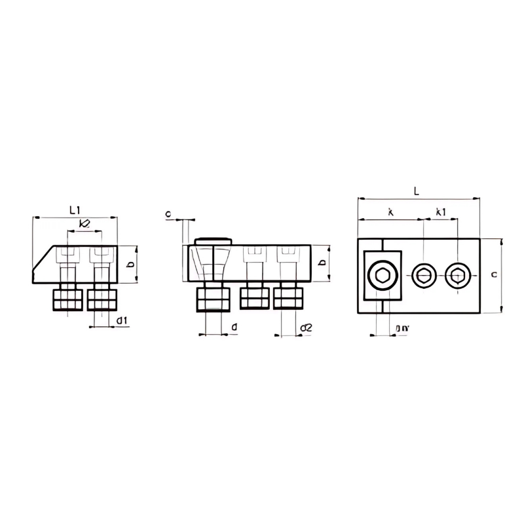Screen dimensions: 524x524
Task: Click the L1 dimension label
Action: click(75, 210)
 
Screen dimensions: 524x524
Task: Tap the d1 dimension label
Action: click(122, 320)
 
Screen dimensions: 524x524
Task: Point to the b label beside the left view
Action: click(131, 264)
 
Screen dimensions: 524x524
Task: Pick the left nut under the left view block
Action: click(68, 300)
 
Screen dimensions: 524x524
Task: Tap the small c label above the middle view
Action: click(168, 214)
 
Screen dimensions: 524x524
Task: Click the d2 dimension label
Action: click(305, 327)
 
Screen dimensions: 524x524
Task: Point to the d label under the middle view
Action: click(234, 326)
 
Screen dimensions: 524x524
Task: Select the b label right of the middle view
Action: click(321, 263)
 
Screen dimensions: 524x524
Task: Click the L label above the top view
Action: click(417, 191)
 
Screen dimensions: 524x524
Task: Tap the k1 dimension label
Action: click(441, 212)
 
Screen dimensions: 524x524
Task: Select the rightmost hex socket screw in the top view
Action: click(457, 276)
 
